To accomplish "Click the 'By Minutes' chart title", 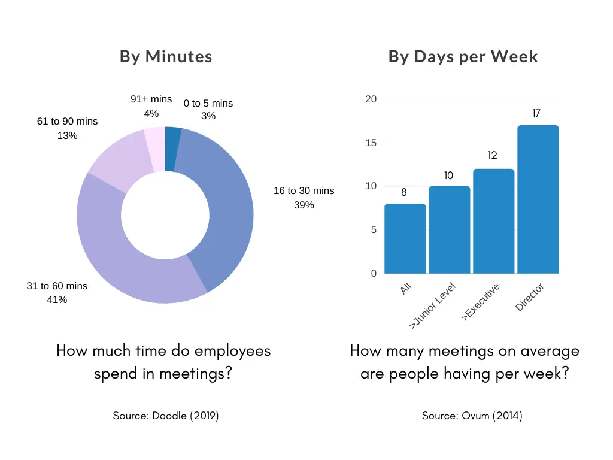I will coord(166,57).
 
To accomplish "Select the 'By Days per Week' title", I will coord(463,57).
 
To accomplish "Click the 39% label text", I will coord(304,205).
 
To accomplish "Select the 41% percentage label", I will coord(57,300).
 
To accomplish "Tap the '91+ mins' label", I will coord(151,99).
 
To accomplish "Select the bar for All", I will coord(405,239).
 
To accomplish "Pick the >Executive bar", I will coord(493,221).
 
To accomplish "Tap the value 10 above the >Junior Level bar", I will coord(448,176).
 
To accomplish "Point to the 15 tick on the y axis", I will coord(371,143).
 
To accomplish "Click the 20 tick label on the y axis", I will coord(371,99).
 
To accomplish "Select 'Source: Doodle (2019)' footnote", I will coord(166,416).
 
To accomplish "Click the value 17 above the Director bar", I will coord(537,113).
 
